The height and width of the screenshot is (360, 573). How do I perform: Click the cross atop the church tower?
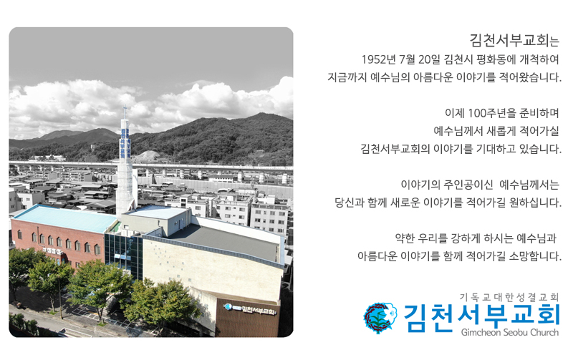click(x=125, y=110)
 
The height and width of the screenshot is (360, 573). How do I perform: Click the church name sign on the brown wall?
click(x=250, y=309)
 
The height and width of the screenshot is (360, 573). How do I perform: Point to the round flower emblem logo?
click(x=380, y=317)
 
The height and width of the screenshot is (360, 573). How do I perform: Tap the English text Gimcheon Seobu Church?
click(x=510, y=333)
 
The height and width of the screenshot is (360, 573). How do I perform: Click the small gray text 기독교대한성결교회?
click(x=509, y=297)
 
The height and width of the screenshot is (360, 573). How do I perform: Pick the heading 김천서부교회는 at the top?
click(x=514, y=40)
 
